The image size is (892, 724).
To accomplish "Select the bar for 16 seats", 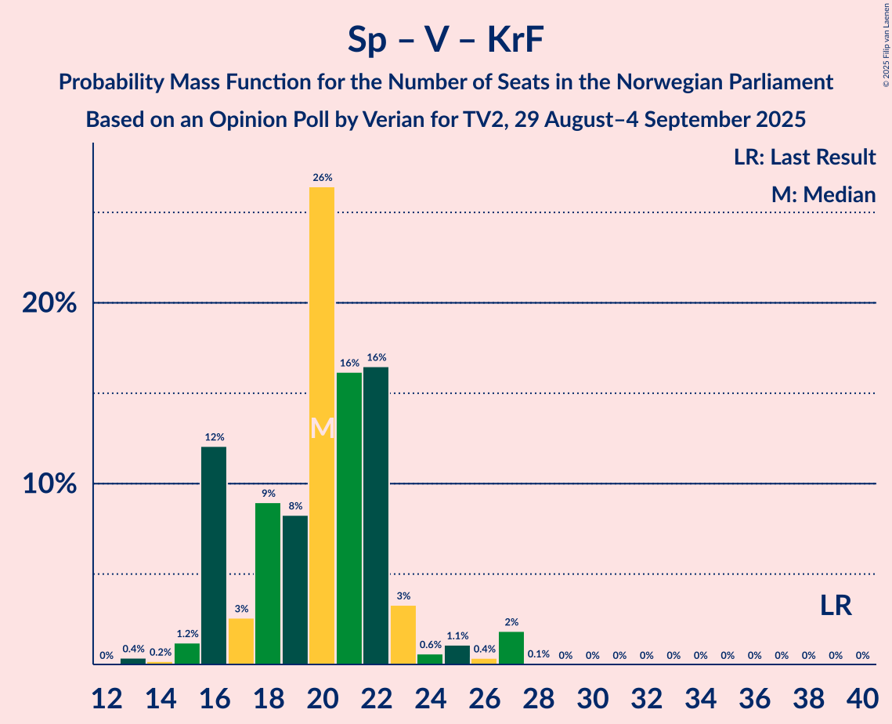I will point(214,556).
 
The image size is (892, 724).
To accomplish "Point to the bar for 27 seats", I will point(511,648).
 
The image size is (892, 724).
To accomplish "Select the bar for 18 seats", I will point(268,584).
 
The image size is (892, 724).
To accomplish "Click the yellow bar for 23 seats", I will point(403,635).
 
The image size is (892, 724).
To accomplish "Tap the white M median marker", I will point(322,428).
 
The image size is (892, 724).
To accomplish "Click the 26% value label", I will point(322,178).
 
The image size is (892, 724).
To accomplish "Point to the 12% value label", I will point(214,437).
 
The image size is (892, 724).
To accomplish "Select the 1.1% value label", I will point(457,636).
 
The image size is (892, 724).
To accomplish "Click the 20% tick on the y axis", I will point(49,303).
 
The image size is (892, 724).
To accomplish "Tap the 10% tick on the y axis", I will point(49,484).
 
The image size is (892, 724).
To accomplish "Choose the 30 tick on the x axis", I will point(592,695).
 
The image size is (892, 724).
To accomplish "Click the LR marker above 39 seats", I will point(836,605).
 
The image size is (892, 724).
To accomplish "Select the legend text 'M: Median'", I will point(823,195).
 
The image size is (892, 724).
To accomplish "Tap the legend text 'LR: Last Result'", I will point(804,157).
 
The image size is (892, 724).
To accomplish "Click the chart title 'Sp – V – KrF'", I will point(446,40).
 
